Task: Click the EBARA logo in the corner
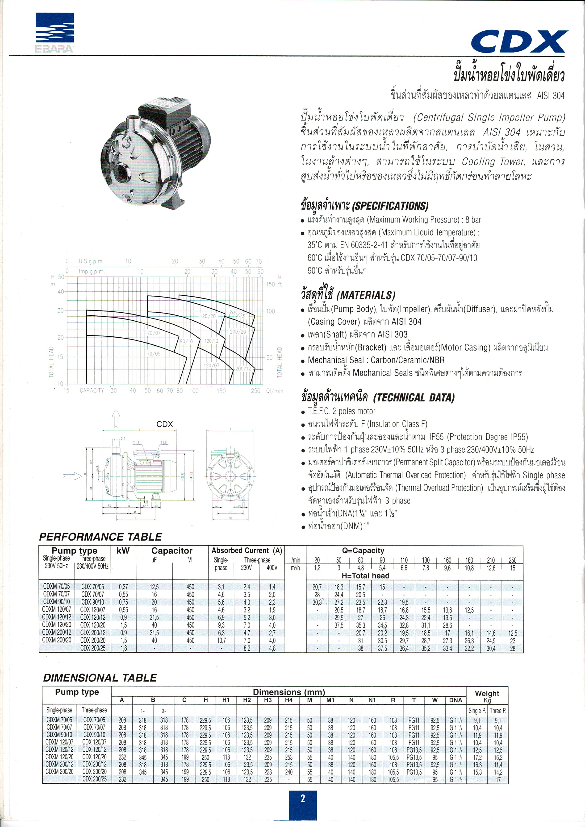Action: (55, 33)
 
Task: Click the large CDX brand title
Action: (519, 42)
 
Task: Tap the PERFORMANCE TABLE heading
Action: (100, 537)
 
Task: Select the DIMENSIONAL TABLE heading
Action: (100, 678)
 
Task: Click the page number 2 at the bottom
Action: (303, 798)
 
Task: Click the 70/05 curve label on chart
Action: (154, 354)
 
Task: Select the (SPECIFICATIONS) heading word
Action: (390, 206)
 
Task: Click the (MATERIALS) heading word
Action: (366, 296)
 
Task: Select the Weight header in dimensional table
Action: (487, 694)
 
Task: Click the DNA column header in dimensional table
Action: (455, 700)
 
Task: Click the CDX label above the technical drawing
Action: (165, 424)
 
